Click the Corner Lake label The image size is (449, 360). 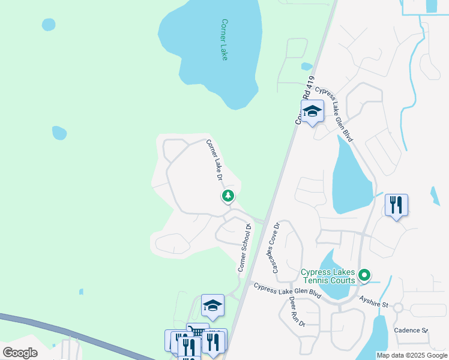[x=224, y=40]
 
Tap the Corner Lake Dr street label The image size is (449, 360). [x=214, y=160]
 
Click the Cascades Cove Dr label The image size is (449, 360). [x=276, y=248]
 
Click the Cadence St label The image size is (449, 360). [x=411, y=331]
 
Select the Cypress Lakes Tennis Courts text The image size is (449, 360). [x=328, y=277]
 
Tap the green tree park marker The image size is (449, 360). [x=228, y=196]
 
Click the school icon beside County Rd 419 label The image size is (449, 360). [x=312, y=111]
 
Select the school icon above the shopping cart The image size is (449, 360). [x=212, y=306]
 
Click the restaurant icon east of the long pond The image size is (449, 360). [x=396, y=205]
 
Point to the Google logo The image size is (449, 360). [x=20, y=353]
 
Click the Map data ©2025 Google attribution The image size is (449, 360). [x=412, y=355]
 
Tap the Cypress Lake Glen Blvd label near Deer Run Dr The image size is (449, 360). [x=288, y=292]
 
